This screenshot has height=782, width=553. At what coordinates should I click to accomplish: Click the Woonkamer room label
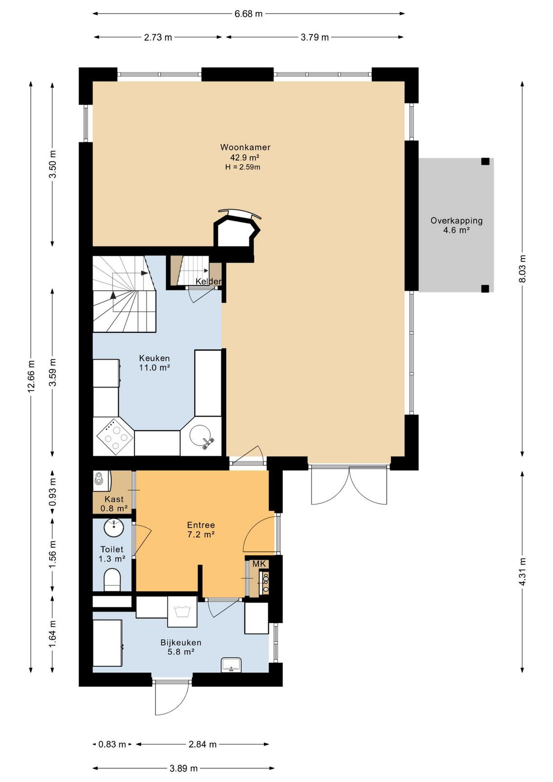pos(245,147)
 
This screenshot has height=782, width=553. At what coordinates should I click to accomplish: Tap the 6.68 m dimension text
pos(248,14)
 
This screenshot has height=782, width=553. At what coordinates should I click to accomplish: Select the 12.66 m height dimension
pos(31,376)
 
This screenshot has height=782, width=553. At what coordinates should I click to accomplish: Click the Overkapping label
pos(456,220)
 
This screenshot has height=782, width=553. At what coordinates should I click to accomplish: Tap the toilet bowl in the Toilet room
pos(112,580)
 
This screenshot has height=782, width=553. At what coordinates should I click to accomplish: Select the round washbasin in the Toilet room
pos(113,528)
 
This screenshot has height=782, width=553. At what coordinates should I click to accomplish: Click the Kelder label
pos(208,282)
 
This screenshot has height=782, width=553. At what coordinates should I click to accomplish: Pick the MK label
pos(259,564)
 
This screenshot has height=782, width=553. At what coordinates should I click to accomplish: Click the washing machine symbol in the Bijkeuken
pos(183,611)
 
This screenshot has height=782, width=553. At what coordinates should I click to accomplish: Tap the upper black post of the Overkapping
pos(485,161)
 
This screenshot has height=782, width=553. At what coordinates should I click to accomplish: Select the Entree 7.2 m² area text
pos(201,530)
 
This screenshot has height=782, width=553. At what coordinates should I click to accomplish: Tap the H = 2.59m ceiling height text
pos(242,167)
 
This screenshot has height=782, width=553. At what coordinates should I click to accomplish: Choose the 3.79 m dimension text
pos(315,37)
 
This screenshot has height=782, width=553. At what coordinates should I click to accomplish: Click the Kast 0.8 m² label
pos(114,504)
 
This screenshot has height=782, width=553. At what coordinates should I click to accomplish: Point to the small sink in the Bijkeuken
pos(231,664)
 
